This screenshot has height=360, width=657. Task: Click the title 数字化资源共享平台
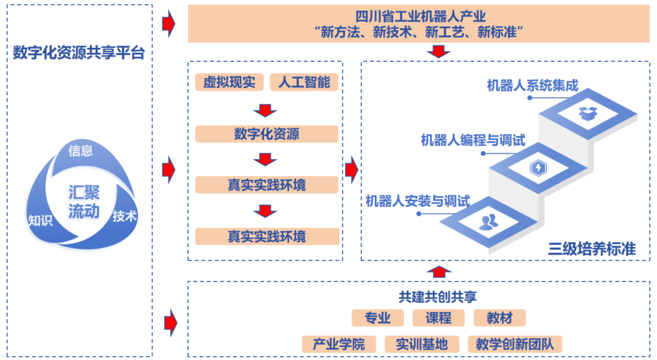click(x=79, y=53)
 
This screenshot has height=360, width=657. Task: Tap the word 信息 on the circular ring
click(x=81, y=150)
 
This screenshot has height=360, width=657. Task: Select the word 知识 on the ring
click(x=40, y=220)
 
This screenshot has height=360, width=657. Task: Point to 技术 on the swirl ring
click(x=124, y=215)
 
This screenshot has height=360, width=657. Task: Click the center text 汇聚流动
click(x=84, y=202)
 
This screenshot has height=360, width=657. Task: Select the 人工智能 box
click(x=304, y=82)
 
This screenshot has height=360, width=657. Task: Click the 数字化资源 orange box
click(x=267, y=134)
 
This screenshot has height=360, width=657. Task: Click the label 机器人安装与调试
click(x=418, y=201)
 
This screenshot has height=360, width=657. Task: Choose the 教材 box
click(x=499, y=318)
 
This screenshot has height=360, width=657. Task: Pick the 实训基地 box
click(x=422, y=344)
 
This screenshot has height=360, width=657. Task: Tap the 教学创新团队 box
click(x=515, y=344)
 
